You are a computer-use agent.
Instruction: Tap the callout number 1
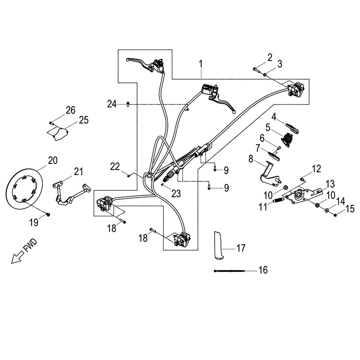click(200, 65)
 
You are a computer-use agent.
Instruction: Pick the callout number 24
click(112, 104)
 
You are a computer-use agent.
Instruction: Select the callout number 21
click(79, 171)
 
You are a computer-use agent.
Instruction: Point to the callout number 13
click(330, 184)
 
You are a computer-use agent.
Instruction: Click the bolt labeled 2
click(256, 69)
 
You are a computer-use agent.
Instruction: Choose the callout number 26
click(70, 110)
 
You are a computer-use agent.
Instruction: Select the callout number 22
click(116, 166)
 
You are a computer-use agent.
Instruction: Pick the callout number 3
click(279, 64)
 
